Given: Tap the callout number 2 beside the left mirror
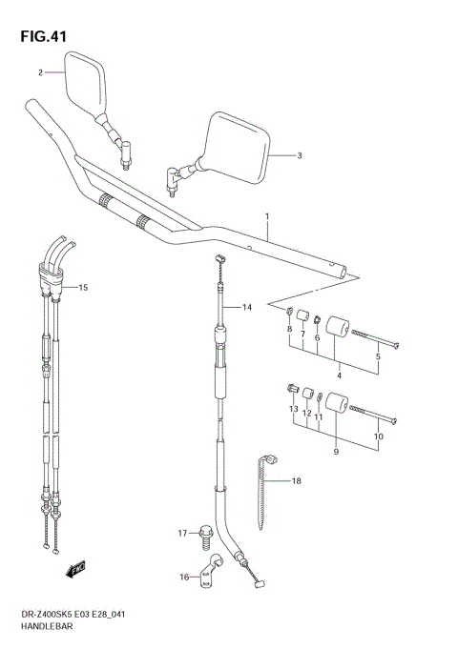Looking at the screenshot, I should pos(41,72).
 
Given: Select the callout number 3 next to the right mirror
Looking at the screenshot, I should pos(299,155).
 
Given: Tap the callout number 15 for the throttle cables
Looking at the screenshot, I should pos(83,287).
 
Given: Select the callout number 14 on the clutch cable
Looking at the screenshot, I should pos(246,307).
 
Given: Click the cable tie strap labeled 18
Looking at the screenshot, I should pos(264,492).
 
